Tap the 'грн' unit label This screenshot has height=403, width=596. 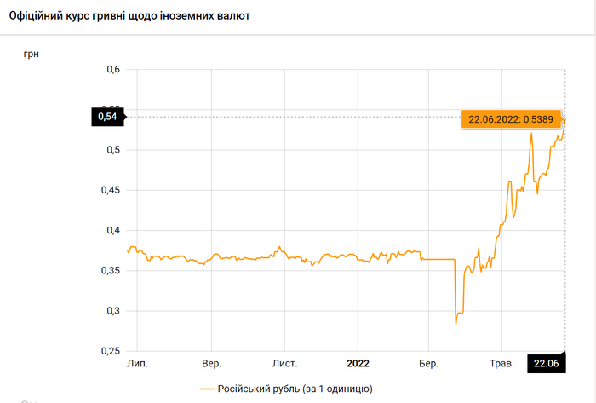click(x=31, y=55)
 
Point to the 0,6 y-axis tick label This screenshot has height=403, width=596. click(x=112, y=70)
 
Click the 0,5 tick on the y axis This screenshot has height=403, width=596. click(x=112, y=150)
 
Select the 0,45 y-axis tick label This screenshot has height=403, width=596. click(x=109, y=190)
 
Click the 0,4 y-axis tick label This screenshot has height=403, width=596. click(x=112, y=231)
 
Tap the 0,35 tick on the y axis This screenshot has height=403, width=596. click(x=109, y=271)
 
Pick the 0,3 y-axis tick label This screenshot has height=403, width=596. click(x=112, y=311)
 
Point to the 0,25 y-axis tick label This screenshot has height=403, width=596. click(x=109, y=351)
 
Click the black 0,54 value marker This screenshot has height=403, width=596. click(x=107, y=117)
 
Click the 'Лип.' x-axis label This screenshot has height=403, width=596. click(x=137, y=364)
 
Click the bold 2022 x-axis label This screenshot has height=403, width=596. click(x=358, y=364)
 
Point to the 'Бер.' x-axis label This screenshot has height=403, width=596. click(x=428, y=364)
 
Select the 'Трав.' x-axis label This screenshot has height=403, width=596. click(x=501, y=364)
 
